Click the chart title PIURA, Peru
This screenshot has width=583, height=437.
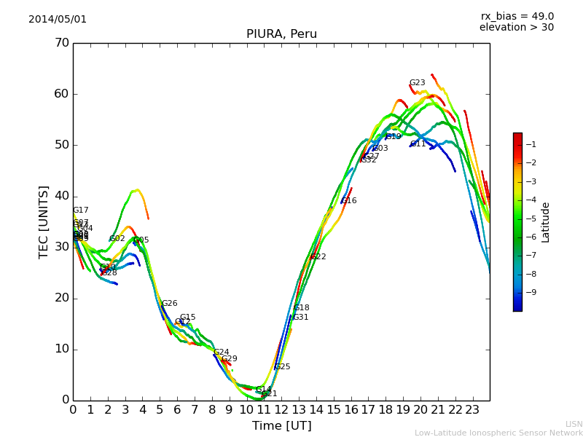coord(281,34)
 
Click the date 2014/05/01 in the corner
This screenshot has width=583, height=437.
coord(58,20)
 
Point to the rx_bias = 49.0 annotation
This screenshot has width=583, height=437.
coord(517,17)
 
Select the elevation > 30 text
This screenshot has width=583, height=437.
coord(516,28)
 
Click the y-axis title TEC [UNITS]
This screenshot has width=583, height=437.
coord(44,221)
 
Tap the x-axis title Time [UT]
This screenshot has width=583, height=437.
coord(281,426)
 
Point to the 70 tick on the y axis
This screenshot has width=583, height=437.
coord(61,43)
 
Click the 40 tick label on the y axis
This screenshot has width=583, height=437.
coord(61,196)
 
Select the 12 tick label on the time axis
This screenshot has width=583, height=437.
coord(281,410)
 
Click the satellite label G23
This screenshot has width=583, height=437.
coord(417,83)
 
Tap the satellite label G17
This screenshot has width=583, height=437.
coord(80,210)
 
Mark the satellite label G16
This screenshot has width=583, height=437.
coord(349,201)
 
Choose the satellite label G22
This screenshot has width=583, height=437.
coord(318,257)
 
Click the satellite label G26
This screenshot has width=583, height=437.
coord(169,304)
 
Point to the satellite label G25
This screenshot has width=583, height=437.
coord(282,367)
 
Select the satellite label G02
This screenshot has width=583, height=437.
coord(117,239)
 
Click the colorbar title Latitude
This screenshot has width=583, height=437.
coord(546,222)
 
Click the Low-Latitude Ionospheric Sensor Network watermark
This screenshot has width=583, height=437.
coord(498,433)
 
